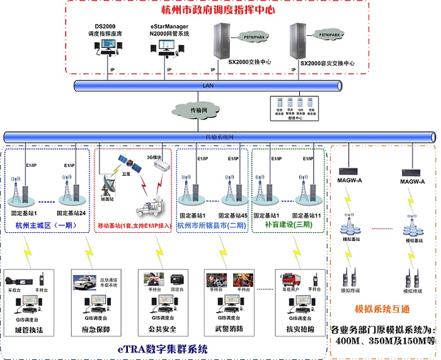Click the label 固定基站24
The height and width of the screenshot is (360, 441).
pyautogui.click(x=72, y=215)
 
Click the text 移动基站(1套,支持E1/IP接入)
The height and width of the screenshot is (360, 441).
pyautogui.click(x=134, y=225)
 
